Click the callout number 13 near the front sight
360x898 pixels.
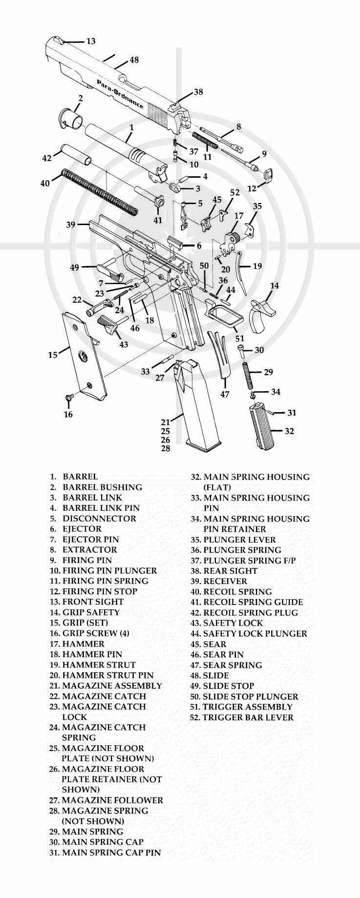91,42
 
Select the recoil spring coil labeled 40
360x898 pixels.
100,190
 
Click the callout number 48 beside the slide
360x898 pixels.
133,60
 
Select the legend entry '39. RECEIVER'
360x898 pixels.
219,581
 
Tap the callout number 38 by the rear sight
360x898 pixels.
198,92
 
